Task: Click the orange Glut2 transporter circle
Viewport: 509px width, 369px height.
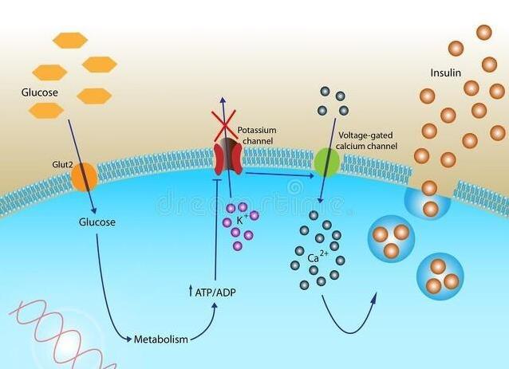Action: [84, 177]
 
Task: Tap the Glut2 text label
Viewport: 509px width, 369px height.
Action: [63, 165]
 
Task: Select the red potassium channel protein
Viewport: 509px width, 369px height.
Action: [228, 157]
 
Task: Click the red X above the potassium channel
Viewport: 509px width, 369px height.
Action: [224, 126]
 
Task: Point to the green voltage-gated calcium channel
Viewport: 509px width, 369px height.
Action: [327, 162]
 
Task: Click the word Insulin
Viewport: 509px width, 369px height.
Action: [446, 73]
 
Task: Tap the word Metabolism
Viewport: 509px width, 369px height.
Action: [161, 340]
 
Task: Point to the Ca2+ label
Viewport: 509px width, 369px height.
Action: [318, 256]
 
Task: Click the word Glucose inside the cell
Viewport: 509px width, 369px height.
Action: [97, 222]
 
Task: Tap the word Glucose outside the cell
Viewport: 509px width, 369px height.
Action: [40, 92]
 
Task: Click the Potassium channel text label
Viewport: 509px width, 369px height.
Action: [257, 135]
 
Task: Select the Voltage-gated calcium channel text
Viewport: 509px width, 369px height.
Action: [366, 141]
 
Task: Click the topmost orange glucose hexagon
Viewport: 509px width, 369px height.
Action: [70, 40]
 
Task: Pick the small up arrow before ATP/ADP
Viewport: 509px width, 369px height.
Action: [191, 291]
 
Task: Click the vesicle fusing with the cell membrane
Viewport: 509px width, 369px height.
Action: [428, 202]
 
